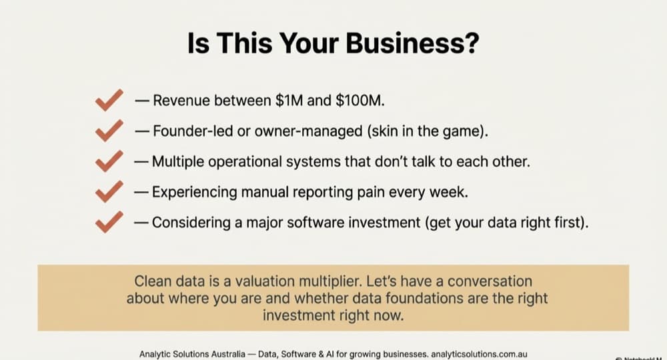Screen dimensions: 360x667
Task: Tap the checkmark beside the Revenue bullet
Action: click(x=109, y=101)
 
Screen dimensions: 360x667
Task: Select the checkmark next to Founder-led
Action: click(x=109, y=131)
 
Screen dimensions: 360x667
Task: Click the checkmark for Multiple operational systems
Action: click(x=109, y=161)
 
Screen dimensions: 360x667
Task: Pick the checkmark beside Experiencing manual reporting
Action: click(x=109, y=192)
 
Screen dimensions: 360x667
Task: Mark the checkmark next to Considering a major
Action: click(x=109, y=222)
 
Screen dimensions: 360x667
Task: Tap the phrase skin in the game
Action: click(x=427, y=131)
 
